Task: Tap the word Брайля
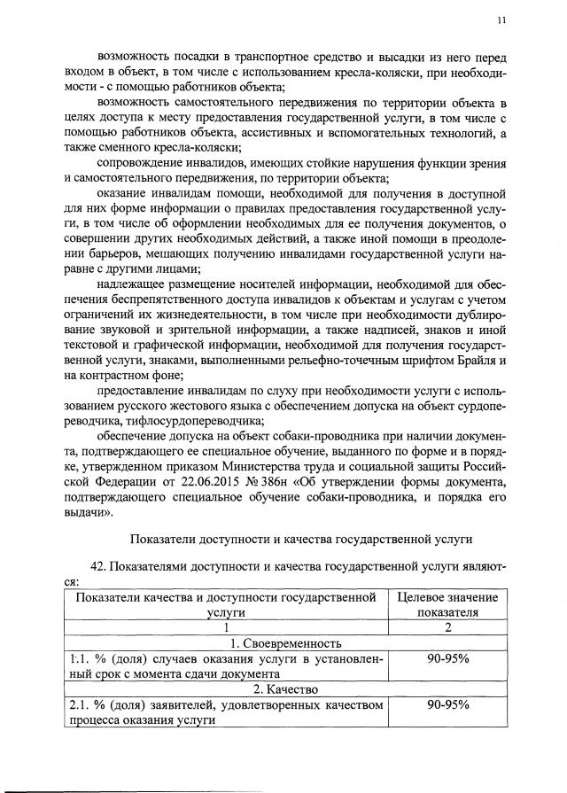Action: click(474, 361)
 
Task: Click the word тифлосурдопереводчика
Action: click(181, 421)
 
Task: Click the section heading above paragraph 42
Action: click(301, 537)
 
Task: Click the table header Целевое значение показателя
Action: click(447, 604)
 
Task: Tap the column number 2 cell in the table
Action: click(447, 627)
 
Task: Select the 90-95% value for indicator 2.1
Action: click(447, 704)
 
